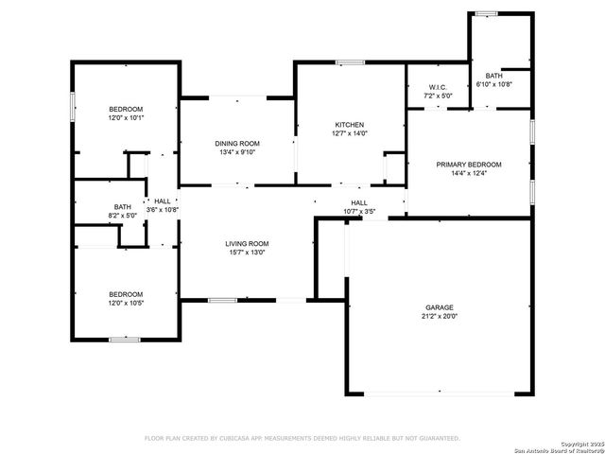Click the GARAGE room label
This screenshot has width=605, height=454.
tap(439, 307)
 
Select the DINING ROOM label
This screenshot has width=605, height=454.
tap(237, 143)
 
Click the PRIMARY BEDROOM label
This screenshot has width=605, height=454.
tap(468, 165)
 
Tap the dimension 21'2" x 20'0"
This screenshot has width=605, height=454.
tap(439, 317)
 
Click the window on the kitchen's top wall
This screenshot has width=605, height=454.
tap(350, 62)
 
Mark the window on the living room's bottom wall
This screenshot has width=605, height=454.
tap(222, 301)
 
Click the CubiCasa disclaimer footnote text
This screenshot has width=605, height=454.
tap(302, 438)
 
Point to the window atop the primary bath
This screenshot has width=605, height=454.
tap(486, 13)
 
